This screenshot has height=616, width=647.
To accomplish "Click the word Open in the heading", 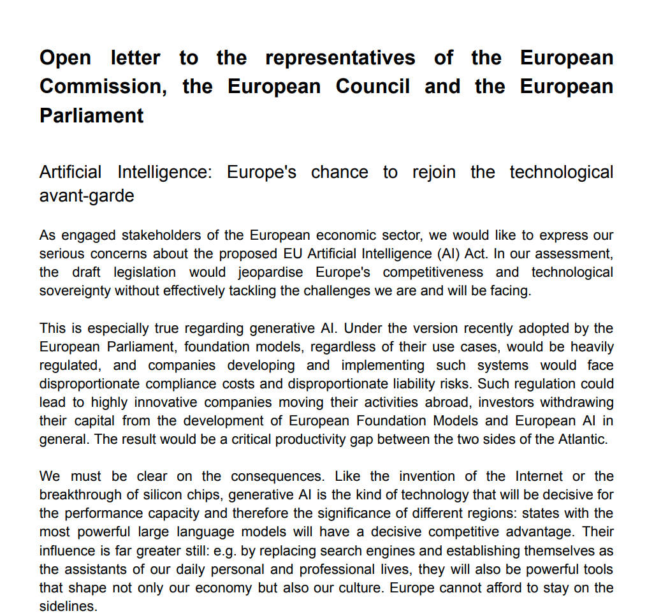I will pos(65,58).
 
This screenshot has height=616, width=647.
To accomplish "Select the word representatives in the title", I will pos(340,58).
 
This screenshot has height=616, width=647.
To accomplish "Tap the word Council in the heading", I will pos(373,87).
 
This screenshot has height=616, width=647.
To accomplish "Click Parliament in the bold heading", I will pos(92,115).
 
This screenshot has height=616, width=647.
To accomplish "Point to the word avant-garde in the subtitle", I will pos(87,195).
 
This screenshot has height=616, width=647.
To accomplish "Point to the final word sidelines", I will pos(68,606).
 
